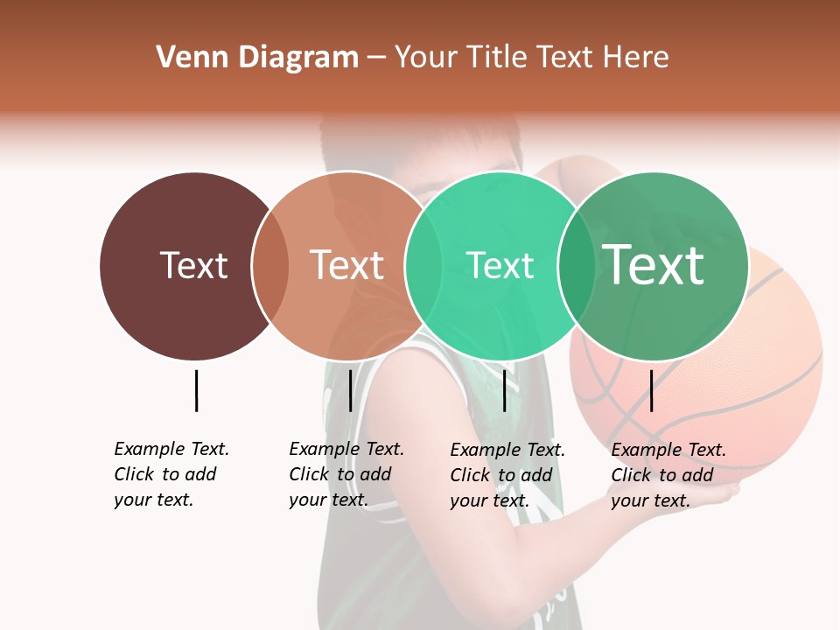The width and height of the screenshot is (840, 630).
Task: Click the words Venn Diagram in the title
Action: tap(257, 58)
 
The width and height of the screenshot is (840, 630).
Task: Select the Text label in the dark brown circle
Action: tap(193, 265)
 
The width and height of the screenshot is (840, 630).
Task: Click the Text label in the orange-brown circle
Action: tap(347, 265)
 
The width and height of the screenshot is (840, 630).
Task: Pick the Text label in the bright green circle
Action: tap(500, 265)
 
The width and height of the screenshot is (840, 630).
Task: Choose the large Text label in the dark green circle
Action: tap(653, 265)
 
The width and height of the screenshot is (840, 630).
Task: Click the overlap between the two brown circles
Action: tap(270, 266)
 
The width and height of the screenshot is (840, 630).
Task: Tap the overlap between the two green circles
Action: tap(577, 266)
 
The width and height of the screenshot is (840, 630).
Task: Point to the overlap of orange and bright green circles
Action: tap(423, 266)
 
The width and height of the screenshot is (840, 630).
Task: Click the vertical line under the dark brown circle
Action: tap(196, 390)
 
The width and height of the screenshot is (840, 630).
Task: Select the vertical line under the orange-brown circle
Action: tap(350, 390)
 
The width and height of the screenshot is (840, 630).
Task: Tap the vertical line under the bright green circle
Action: tap(504, 390)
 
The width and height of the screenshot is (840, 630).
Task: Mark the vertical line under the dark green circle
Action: tap(651, 390)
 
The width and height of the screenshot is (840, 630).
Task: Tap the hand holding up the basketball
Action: tap(717, 495)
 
